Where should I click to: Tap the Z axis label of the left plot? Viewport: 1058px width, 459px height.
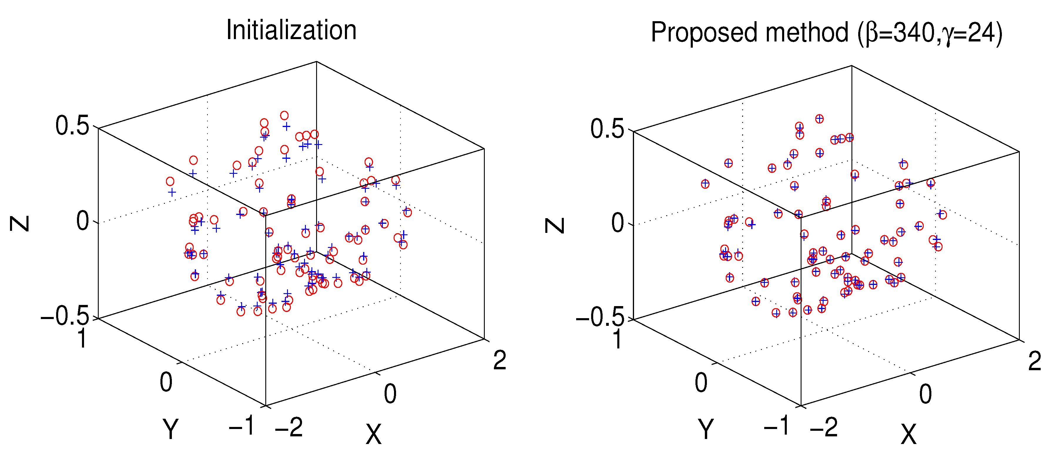pyautogui.click(x=19, y=224)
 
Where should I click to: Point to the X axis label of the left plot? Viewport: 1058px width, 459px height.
pyautogui.click(x=373, y=434)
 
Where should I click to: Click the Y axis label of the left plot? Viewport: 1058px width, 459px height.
pyautogui.click(x=170, y=429)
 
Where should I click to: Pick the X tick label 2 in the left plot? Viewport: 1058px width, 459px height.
pyautogui.click(x=499, y=361)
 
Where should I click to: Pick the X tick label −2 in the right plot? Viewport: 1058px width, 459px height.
pyautogui.click(x=824, y=427)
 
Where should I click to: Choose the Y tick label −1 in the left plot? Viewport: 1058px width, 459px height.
pyautogui.click(x=242, y=425)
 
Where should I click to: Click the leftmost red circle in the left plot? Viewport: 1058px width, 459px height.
pyautogui.click(x=170, y=181)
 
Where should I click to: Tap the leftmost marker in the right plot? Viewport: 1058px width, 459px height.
pyautogui.click(x=705, y=184)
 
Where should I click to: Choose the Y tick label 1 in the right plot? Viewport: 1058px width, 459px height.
pyautogui.click(x=618, y=339)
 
